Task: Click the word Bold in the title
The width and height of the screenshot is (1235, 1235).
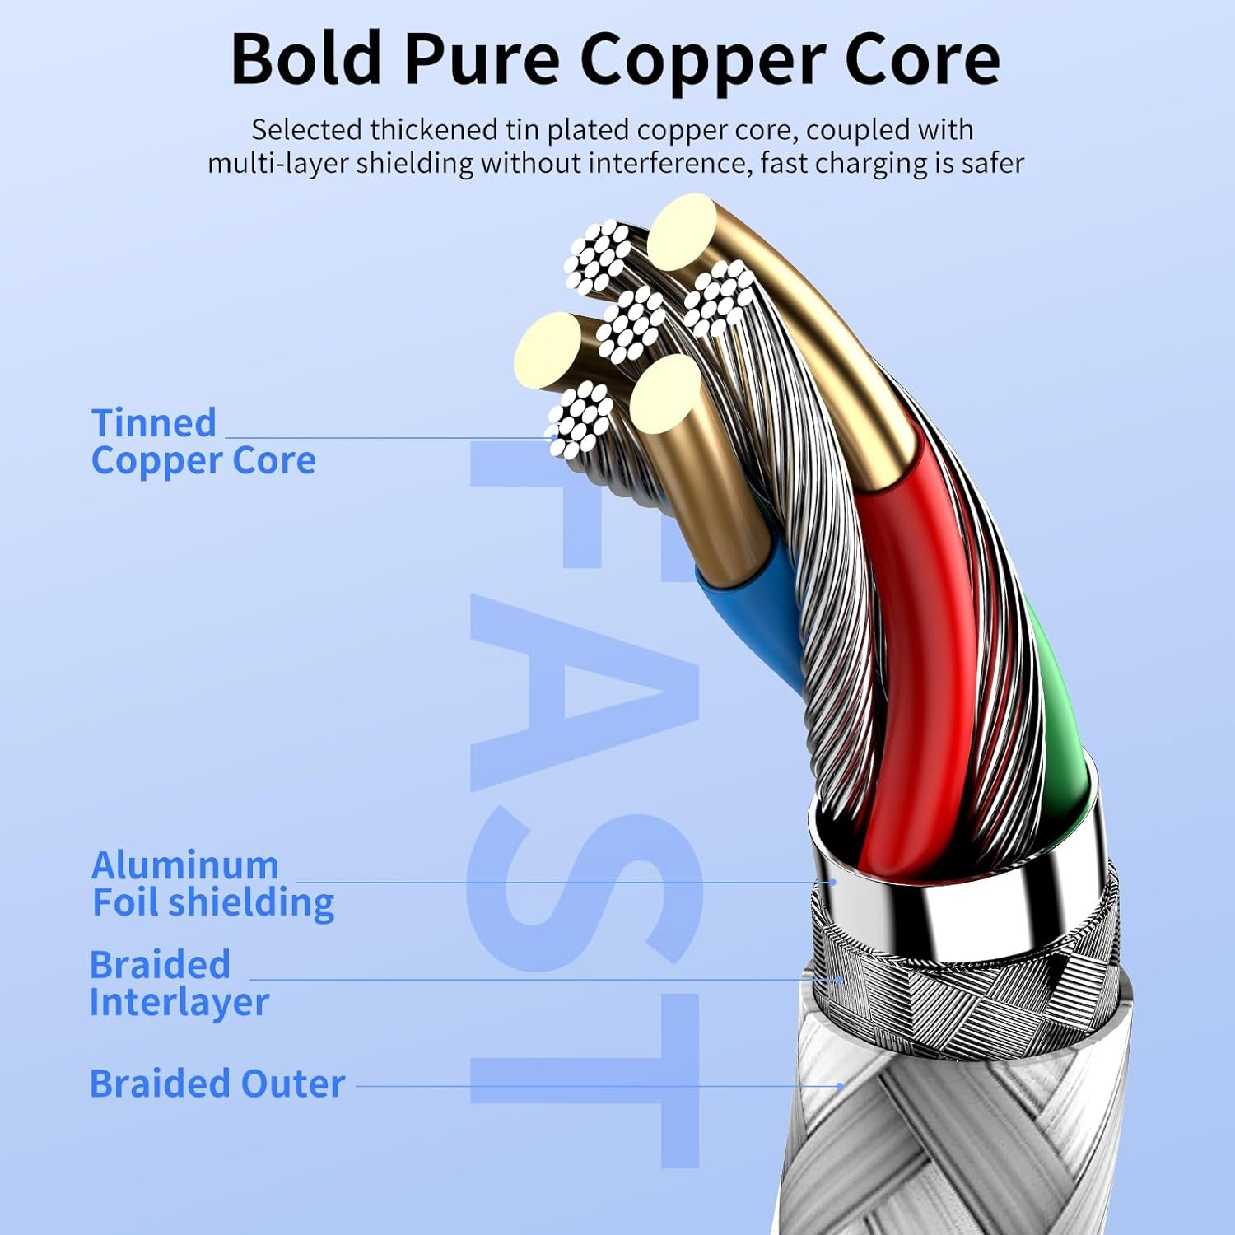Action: pos(306,59)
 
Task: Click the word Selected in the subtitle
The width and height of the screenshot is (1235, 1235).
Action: pos(306,130)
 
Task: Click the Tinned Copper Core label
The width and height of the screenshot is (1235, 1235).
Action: pos(202,441)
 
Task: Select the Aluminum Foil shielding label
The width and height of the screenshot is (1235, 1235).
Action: pos(212,883)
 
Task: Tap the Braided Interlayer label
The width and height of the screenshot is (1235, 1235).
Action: pos(179,983)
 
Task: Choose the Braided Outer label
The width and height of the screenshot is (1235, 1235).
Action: pos(217,1084)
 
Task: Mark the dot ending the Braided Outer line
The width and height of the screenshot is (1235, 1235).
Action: pos(840,1086)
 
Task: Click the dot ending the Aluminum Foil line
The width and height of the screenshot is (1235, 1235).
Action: pos(833,882)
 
